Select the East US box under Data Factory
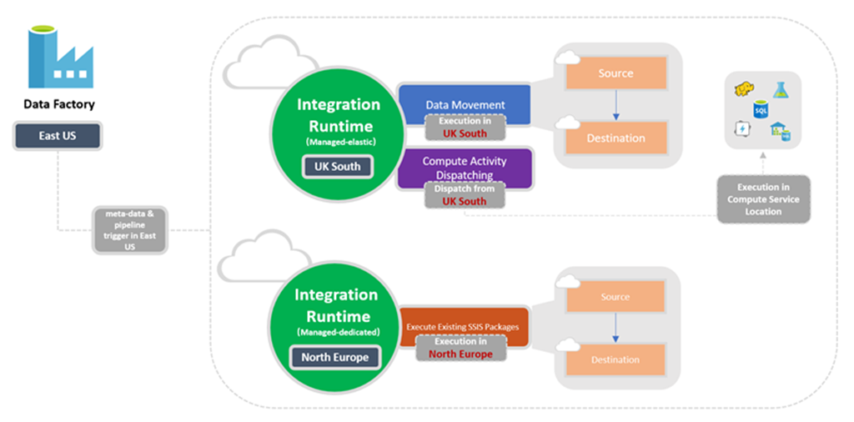click(x=57, y=135)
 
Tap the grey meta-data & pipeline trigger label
click(x=123, y=230)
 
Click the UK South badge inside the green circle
click(x=337, y=166)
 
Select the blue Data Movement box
click(x=465, y=103)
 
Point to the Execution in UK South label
click(x=464, y=128)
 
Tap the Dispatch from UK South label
click(x=464, y=195)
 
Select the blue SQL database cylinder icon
click(x=761, y=109)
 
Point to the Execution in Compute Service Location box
click(x=763, y=199)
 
